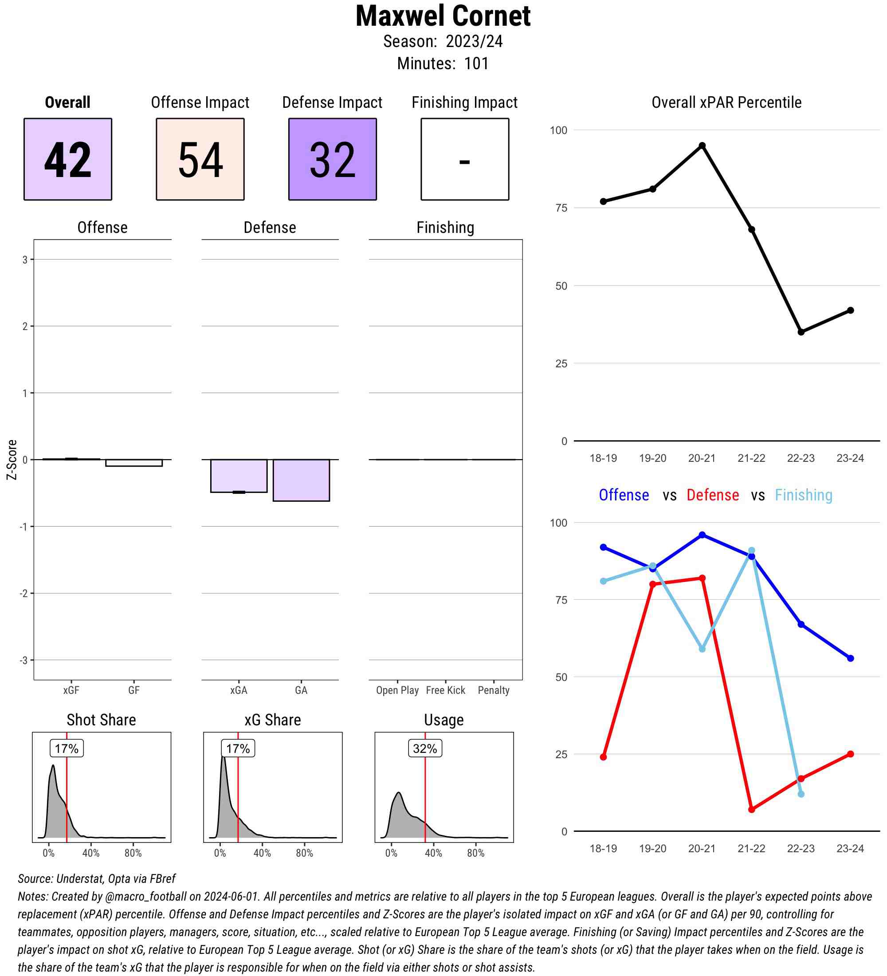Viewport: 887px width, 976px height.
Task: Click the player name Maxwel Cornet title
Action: (x=443, y=16)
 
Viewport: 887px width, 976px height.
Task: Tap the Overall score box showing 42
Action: (x=68, y=159)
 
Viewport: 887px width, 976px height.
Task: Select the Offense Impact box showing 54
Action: (x=200, y=159)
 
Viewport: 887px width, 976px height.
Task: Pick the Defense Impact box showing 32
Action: (x=333, y=159)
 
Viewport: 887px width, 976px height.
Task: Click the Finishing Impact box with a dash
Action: (x=464, y=159)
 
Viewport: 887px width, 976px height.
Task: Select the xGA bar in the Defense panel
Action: (x=239, y=476)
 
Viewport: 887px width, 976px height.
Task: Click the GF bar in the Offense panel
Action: (x=133, y=463)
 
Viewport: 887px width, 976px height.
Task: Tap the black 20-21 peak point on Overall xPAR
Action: (x=702, y=146)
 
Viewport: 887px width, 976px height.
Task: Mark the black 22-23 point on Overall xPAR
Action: (x=801, y=332)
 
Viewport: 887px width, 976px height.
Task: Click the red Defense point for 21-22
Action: (x=751, y=810)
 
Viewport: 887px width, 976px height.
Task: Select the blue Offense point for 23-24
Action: (x=850, y=658)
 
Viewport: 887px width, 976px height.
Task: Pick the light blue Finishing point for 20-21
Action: (x=702, y=649)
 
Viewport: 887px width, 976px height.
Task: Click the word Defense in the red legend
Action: (x=712, y=495)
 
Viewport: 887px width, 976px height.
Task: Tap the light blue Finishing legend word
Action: (x=803, y=495)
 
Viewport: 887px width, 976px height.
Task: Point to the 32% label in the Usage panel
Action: (x=424, y=748)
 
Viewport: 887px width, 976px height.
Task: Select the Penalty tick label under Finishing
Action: (x=494, y=690)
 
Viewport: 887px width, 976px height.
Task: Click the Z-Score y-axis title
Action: (x=12, y=460)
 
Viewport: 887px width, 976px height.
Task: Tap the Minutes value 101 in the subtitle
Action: (x=476, y=63)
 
